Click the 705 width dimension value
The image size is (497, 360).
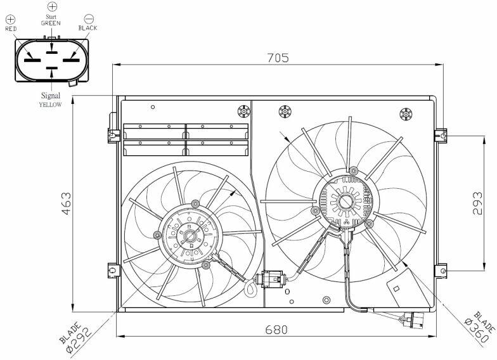click(278, 58)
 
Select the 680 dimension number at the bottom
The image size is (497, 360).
click(276, 330)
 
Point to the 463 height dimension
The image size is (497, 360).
click(67, 203)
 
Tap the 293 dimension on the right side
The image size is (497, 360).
click(477, 203)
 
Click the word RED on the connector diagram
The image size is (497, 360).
click(11, 29)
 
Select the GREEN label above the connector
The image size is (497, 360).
click(51, 23)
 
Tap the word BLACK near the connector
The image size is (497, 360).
click(87, 28)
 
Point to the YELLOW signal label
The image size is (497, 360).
click(51, 105)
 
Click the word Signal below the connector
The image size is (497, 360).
click(51, 95)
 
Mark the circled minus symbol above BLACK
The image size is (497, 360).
click(89, 18)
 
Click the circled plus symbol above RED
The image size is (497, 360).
click(10, 19)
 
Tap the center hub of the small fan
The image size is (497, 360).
click(190, 236)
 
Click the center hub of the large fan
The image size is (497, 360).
click(345, 202)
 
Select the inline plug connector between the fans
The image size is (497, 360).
click(272, 280)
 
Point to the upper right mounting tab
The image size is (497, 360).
click(441, 136)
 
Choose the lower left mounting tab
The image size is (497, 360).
click(113, 271)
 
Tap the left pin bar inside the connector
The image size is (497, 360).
click(33, 60)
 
